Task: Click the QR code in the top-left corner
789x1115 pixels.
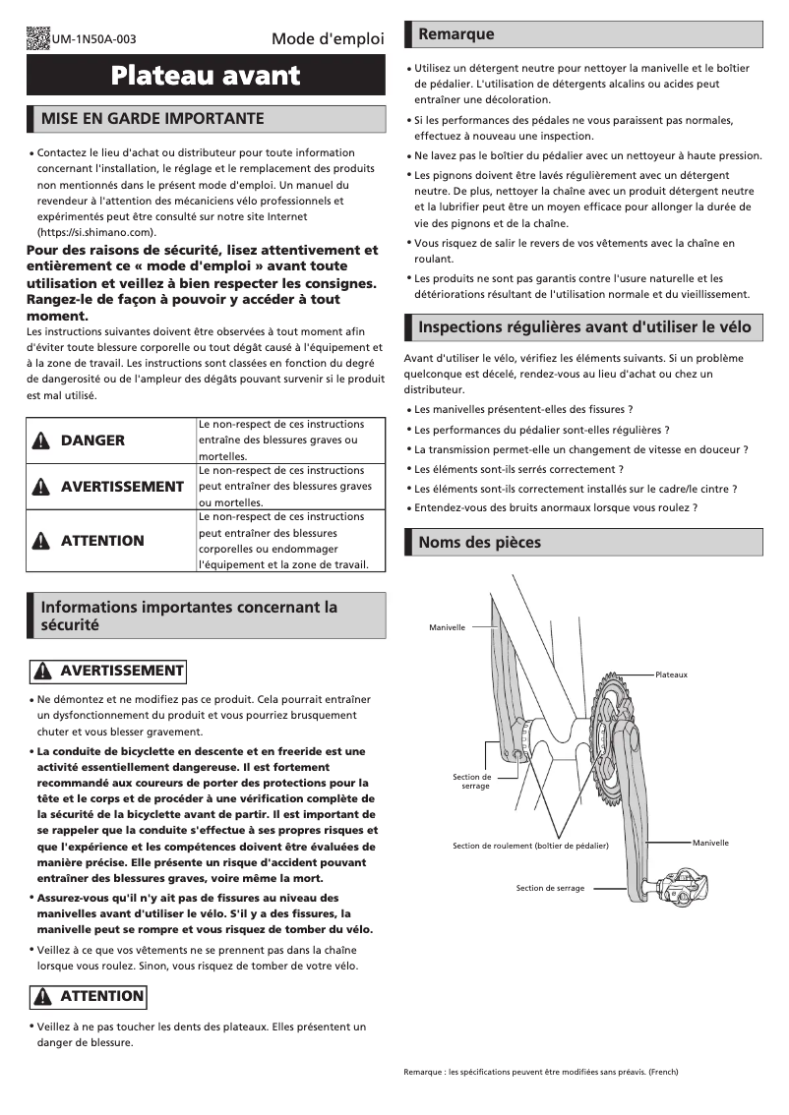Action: coord(38,38)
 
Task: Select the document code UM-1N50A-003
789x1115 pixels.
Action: coord(94,40)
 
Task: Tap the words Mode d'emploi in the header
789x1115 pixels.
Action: coord(328,39)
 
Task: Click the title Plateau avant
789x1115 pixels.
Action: coord(206,76)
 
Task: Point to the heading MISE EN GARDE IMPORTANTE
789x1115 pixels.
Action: coord(152,119)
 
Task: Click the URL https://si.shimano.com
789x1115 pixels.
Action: coord(96,232)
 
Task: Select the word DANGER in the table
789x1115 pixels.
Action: coord(92,440)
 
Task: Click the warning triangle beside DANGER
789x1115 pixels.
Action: coord(41,440)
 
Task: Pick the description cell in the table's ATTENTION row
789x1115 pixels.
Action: coord(290,541)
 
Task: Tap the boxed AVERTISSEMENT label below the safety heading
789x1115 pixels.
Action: coord(107,671)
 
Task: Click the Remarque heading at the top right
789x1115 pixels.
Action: coord(456,34)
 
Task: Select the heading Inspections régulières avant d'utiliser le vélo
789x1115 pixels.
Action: coord(584,327)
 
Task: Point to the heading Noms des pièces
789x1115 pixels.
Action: coord(479,542)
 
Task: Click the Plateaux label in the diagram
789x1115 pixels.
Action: coord(671,675)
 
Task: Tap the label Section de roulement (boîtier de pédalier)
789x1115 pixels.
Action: coord(530,846)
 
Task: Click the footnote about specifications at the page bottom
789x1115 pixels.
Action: coord(540,1071)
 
